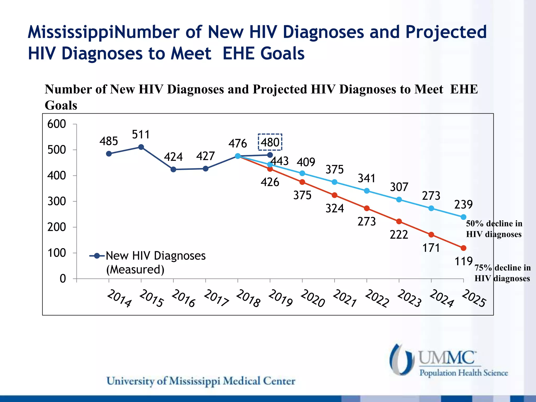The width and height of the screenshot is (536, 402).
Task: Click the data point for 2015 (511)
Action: (x=141, y=147)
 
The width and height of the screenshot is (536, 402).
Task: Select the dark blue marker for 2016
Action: (x=173, y=170)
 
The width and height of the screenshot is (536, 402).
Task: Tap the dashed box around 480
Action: (x=270, y=142)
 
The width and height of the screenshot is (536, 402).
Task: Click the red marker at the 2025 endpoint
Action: (x=464, y=248)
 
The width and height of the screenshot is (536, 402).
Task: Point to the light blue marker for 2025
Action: (x=464, y=217)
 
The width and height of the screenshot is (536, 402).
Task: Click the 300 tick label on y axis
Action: (x=57, y=202)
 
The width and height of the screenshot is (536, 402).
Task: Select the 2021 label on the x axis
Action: (x=344, y=298)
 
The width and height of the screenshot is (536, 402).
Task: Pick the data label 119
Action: (x=464, y=261)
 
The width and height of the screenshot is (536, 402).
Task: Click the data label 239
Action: (x=463, y=204)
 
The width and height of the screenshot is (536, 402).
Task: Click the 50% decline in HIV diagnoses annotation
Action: (x=494, y=229)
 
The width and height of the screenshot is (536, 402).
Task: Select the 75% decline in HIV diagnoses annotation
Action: (x=502, y=273)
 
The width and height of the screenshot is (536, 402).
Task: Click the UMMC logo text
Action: (x=447, y=358)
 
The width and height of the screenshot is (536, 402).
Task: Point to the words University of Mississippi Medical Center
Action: (x=201, y=381)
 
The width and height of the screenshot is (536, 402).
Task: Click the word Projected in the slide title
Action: (x=446, y=32)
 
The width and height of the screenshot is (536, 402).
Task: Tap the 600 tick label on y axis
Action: (x=57, y=124)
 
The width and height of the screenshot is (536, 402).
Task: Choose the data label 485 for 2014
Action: (x=109, y=141)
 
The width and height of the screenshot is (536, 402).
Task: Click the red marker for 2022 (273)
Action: (x=367, y=208)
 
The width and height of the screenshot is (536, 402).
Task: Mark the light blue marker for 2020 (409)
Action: (x=302, y=173)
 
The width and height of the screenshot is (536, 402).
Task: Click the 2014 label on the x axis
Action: (x=119, y=298)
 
